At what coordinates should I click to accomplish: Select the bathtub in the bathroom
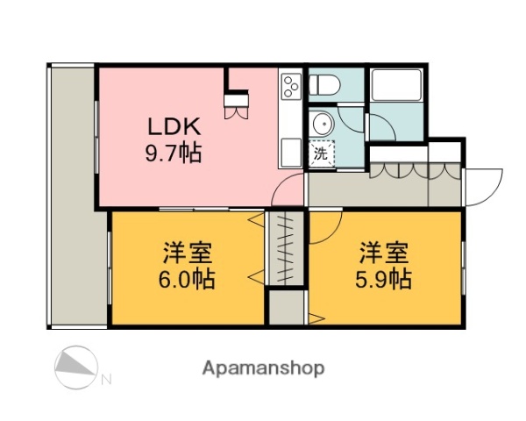[397, 87]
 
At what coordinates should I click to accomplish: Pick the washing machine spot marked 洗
[321, 152]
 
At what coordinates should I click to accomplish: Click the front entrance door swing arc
[484, 187]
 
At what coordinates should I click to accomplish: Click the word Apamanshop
[263, 367]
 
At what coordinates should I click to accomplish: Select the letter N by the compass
[106, 380]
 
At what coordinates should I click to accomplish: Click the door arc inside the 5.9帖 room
[321, 227]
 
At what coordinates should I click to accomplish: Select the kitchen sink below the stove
[290, 146]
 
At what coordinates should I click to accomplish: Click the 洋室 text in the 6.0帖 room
[188, 253]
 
